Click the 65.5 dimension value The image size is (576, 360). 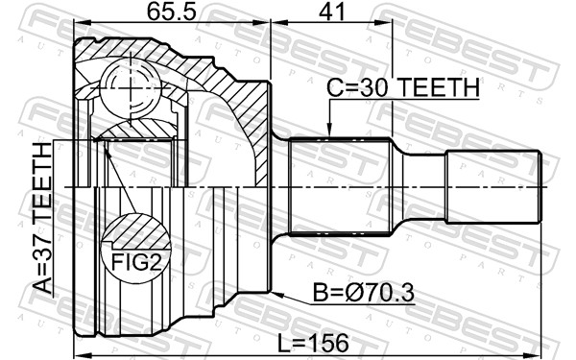coord(172,12)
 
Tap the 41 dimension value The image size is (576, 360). coord(332,12)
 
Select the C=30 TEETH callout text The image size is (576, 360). coord(403,87)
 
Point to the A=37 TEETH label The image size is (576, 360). coord(42,218)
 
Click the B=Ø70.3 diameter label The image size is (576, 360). coord(363,293)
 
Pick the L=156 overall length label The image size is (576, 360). coord(313,344)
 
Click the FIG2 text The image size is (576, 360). coord(136,262)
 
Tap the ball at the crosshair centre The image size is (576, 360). coord(131,88)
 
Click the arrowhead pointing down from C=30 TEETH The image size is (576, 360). coord(329,130)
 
